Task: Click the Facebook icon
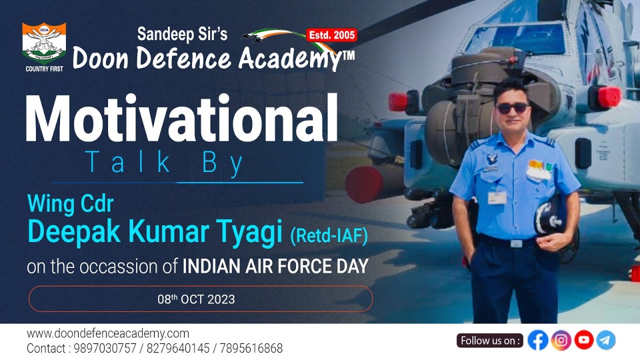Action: click(537, 340)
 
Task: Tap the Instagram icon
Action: click(561, 340)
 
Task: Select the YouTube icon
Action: click(584, 339)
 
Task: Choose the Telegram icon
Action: click(605, 340)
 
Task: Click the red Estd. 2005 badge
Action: click(331, 35)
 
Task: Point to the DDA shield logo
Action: click(44, 43)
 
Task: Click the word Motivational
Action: click(181, 117)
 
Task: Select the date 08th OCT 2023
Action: click(196, 299)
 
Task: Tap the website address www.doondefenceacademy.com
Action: click(108, 333)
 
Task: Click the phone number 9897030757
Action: click(105, 348)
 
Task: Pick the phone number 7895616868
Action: click(251, 348)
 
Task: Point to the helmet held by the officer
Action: click(550, 218)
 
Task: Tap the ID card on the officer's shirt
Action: click(497, 197)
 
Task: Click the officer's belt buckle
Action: click(516, 243)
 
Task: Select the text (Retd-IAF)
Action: click(329, 236)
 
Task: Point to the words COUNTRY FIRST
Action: click(44, 69)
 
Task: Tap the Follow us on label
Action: click(489, 340)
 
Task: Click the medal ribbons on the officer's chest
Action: click(540, 165)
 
